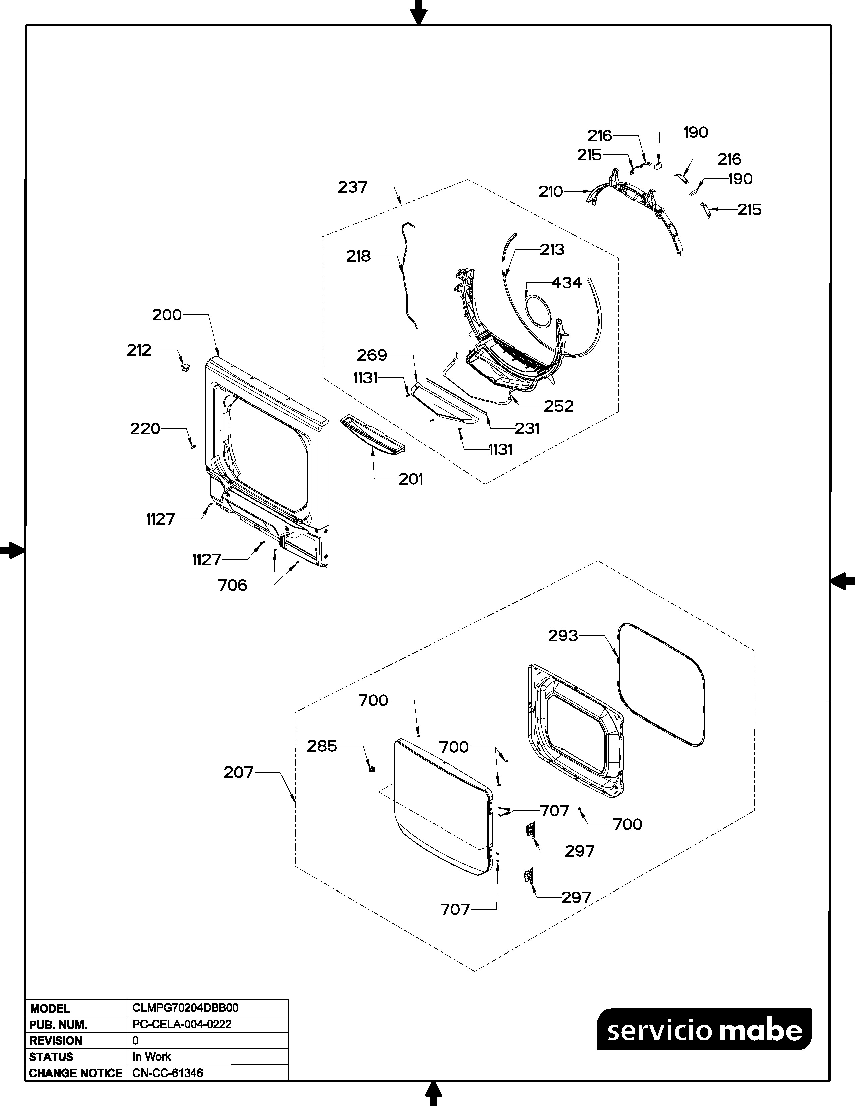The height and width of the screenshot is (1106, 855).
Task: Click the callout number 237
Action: tap(352, 187)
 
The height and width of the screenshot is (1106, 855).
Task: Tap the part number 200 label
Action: tap(167, 315)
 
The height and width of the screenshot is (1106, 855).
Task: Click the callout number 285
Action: tap(322, 746)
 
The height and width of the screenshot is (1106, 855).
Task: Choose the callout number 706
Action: tap(232, 586)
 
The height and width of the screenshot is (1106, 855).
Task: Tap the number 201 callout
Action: tap(410, 479)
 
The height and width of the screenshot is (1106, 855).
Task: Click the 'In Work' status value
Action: tap(152, 1057)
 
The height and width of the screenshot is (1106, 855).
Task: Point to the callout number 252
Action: tap(559, 406)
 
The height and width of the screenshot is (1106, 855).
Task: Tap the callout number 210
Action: tap(551, 192)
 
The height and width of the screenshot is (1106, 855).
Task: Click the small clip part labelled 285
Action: tap(372, 769)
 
